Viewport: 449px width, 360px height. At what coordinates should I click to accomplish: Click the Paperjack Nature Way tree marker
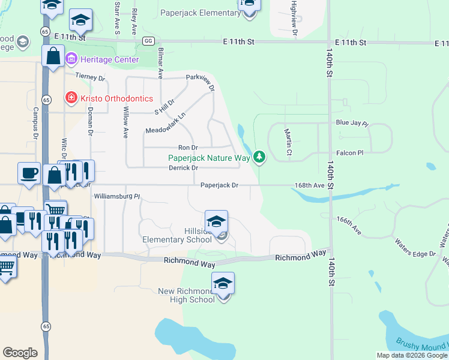259,157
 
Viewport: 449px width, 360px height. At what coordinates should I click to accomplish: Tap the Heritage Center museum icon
71,59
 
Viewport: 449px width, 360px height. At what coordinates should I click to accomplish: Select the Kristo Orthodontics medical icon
71,98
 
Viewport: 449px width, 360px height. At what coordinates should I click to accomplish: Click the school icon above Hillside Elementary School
216,221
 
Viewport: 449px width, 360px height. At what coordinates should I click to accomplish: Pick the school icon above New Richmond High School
223,283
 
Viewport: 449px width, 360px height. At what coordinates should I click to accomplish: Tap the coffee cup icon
29,173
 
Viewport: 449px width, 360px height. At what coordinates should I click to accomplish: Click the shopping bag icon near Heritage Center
53,57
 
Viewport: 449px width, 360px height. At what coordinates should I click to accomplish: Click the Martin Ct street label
289,145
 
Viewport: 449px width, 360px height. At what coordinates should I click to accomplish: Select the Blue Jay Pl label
352,122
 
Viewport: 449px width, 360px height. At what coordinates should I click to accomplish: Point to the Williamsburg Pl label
116,196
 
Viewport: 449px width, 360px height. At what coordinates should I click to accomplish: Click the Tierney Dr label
90,77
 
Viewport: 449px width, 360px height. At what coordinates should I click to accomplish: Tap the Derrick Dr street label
184,168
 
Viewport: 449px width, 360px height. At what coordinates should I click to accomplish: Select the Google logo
20,353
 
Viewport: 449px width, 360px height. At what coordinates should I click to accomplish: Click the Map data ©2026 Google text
411,355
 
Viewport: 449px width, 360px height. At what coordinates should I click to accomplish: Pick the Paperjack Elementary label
201,13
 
